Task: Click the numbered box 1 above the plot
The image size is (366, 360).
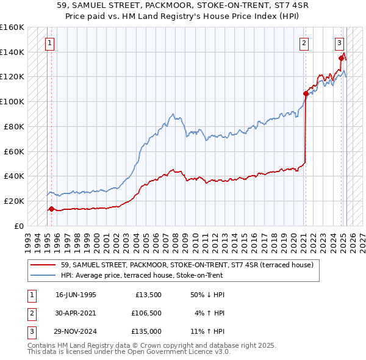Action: coord(49,43)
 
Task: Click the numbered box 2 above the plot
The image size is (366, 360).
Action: coord(304,43)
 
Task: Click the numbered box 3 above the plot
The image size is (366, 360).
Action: coord(339,43)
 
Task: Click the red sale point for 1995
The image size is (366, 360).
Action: coord(51,209)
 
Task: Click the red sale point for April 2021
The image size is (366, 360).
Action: coord(306,93)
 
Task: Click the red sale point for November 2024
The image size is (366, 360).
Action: coord(341,58)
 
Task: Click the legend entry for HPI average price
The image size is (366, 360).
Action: coord(142,275)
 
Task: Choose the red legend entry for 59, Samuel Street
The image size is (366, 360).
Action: coord(187,265)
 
